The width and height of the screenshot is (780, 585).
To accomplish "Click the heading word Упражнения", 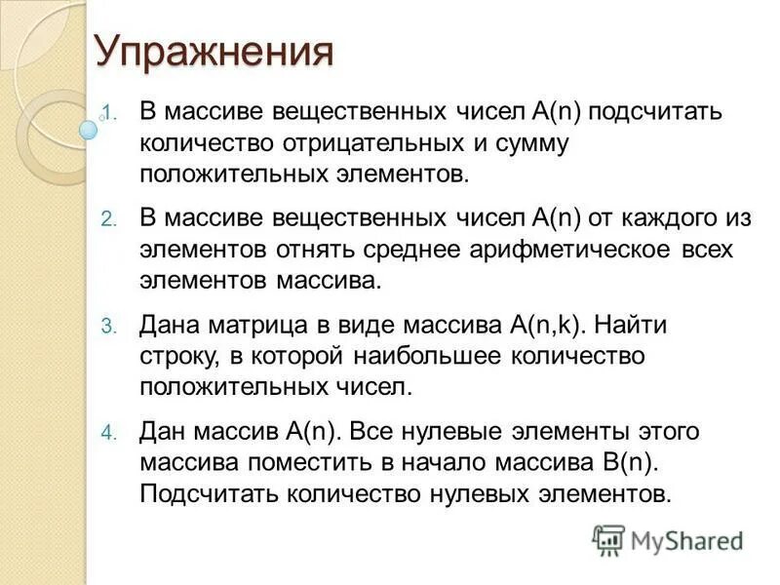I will pyautogui.click(x=214, y=52).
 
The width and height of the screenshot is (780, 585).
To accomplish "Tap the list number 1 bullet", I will pyautogui.click(x=109, y=112).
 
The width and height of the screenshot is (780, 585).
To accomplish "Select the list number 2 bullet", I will pyautogui.click(x=108, y=218).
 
